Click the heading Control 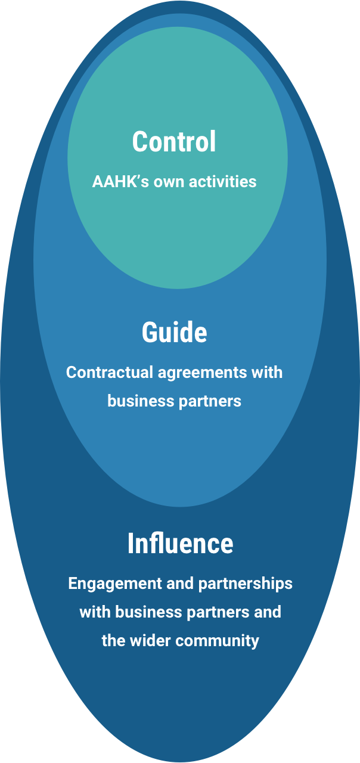coord(174,142)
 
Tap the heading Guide coord(174,332)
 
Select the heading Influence coord(180,544)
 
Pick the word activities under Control coord(222,181)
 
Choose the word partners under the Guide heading coord(209,401)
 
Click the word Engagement coord(114,584)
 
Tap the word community coord(217,641)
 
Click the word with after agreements coord(268,373)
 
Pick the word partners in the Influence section coord(216,613)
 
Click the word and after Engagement coord(176,583)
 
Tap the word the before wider coord(112,641)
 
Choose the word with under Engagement coord(95,612)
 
